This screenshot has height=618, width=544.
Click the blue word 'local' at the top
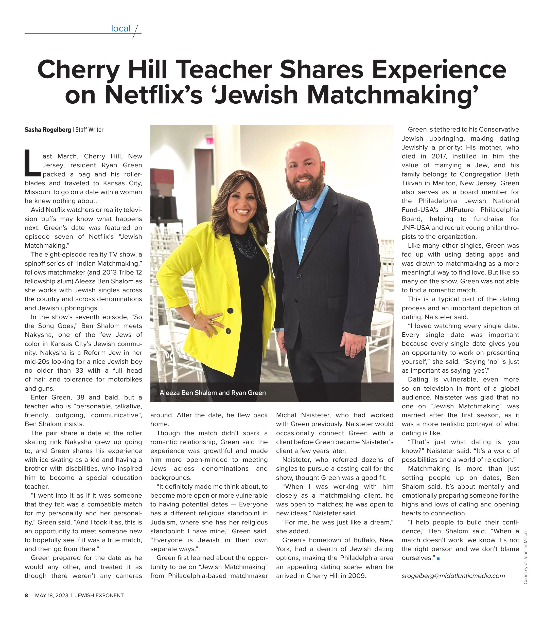coord(120,28)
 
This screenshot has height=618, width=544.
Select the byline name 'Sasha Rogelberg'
coord(48,130)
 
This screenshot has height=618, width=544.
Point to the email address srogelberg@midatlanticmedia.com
coord(453,576)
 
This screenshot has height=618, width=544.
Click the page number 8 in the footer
coord(26,595)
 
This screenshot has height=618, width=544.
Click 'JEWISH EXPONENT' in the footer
coord(99,595)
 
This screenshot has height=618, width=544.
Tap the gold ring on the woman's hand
coord(211,322)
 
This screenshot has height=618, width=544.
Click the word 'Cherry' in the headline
coord(78,69)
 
